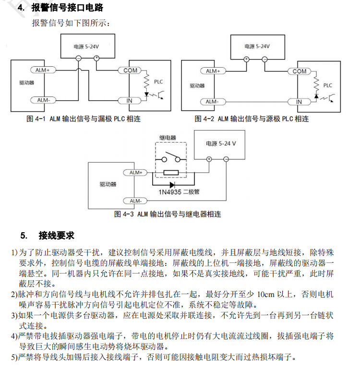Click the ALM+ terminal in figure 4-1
coord(44,70)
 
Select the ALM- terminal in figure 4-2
coord(212,102)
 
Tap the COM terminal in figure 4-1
coord(130,71)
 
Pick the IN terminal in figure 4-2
coord(299,102)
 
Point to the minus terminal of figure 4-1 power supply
coord(78,58)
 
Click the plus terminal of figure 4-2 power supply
coord(246,59)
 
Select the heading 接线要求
coord(57,236)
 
